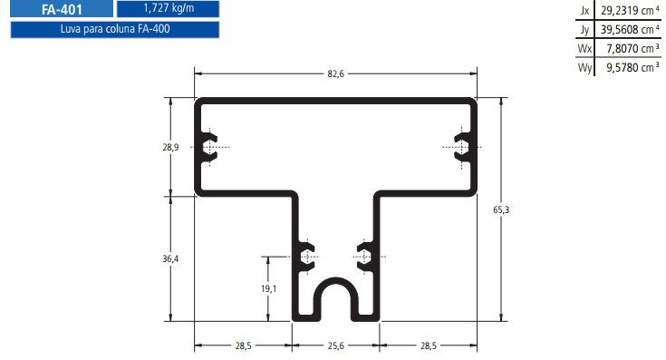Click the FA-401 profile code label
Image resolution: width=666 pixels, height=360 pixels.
pos(62,9)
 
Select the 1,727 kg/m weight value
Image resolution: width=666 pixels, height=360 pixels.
pos(169,8)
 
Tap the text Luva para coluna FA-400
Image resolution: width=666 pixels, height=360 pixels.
pos(115,29)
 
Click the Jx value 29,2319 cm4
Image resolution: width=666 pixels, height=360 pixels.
pos(630,10)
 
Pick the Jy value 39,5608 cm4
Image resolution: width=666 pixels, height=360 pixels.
pos(630,29)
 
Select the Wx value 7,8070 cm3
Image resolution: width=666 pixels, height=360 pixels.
pos(632,48)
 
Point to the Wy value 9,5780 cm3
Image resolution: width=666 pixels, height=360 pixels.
pos(632,68)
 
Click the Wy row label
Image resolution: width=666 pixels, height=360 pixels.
pos(584,68)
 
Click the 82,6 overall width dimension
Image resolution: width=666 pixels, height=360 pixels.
pos(335,73)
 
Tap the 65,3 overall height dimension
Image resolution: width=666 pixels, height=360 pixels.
pos(501,209)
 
